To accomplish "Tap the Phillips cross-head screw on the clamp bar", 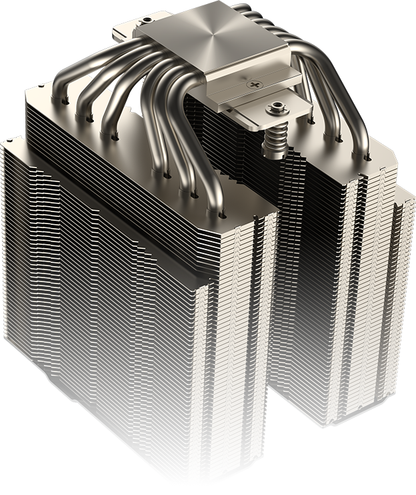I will tap(254, 85).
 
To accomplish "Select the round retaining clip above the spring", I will tap(275, 107).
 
